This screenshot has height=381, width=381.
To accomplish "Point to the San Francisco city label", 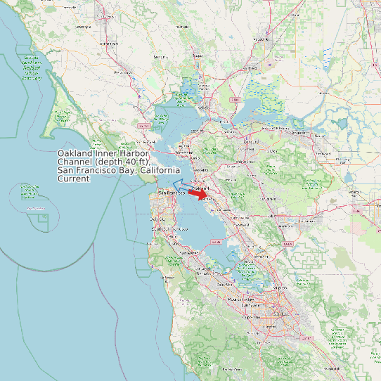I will click(x=171, y=193).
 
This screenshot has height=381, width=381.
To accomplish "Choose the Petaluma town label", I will click(x=123, y=72).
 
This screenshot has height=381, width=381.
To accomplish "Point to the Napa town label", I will click(x=199, y=55).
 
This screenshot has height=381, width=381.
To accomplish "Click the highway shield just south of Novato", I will click(x=144, y=126).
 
